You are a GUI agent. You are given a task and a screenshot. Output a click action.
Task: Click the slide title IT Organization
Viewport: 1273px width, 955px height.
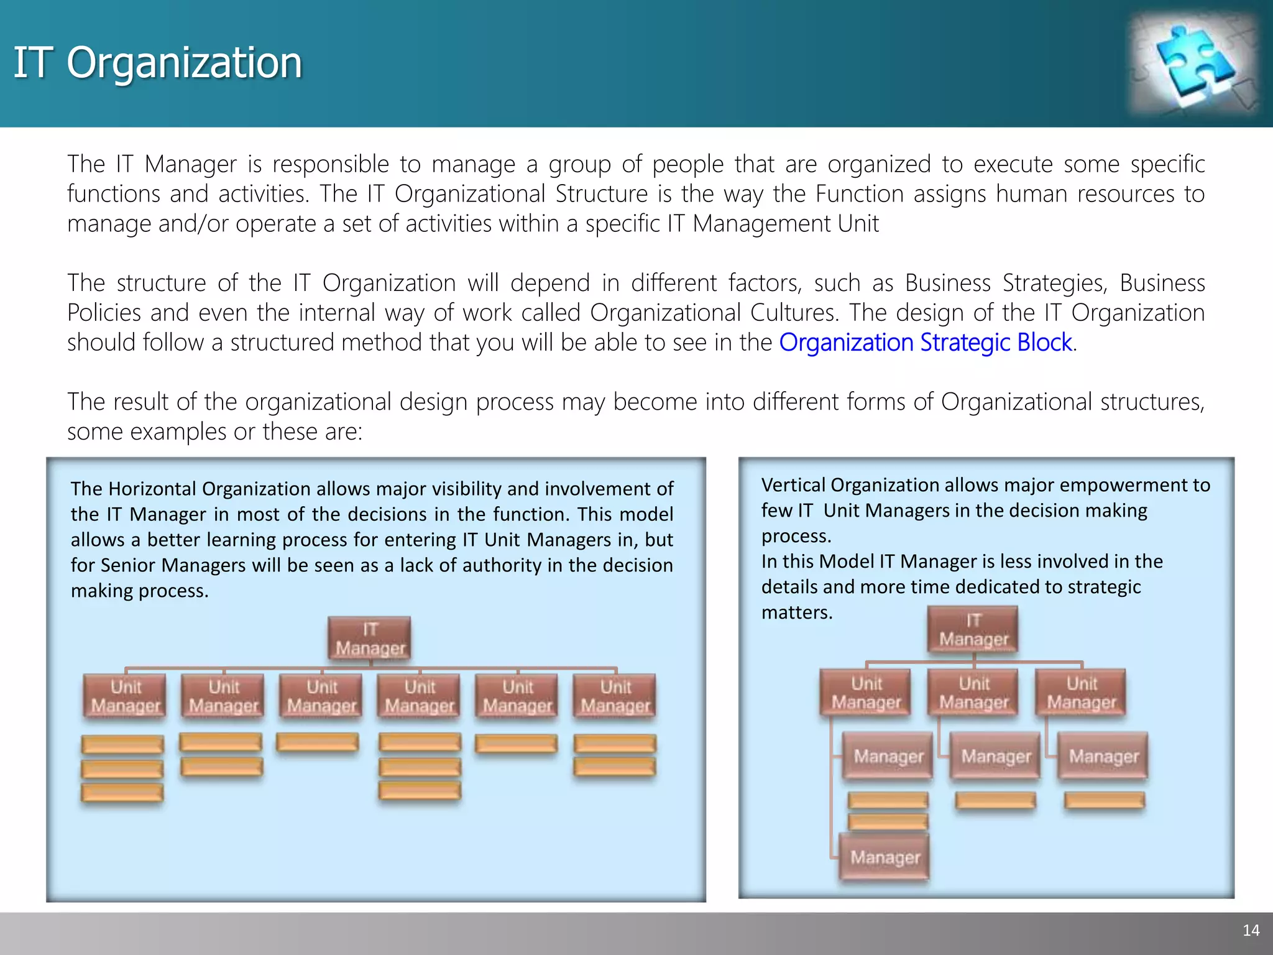click(158, 63)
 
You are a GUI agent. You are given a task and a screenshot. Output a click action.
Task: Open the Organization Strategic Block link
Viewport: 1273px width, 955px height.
click(926, 343)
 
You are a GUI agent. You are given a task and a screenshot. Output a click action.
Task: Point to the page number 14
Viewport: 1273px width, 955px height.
click(1251, 930)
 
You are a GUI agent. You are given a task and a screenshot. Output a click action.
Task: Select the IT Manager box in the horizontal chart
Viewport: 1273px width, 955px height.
click(370, 639)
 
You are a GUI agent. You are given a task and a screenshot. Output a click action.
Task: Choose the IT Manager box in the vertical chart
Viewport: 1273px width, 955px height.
click(973, 630)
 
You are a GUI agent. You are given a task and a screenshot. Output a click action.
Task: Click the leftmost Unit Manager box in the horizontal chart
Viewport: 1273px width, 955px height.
click(126, 696)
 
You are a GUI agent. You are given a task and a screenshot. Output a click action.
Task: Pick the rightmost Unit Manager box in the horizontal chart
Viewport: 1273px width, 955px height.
click(615, 696)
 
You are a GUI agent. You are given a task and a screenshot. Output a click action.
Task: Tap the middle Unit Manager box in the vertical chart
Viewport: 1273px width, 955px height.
click(973, 693)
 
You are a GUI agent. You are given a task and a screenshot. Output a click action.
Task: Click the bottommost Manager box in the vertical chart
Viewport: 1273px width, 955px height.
click(885, 857)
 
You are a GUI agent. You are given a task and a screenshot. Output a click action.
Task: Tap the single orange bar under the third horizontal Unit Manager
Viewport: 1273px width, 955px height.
click(318, 742)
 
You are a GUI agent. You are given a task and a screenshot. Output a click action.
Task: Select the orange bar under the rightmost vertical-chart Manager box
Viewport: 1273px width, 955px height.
click(1104, 801)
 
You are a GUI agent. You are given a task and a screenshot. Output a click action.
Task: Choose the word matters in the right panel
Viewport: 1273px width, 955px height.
click(796, 612)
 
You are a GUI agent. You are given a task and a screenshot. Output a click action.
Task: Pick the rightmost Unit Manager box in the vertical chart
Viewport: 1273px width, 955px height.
click(1082, 693)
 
